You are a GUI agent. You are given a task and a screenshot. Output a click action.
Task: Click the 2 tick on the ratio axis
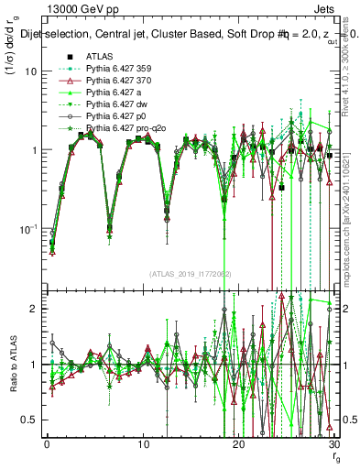36,309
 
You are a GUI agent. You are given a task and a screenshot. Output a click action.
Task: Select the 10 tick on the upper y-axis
32,71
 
